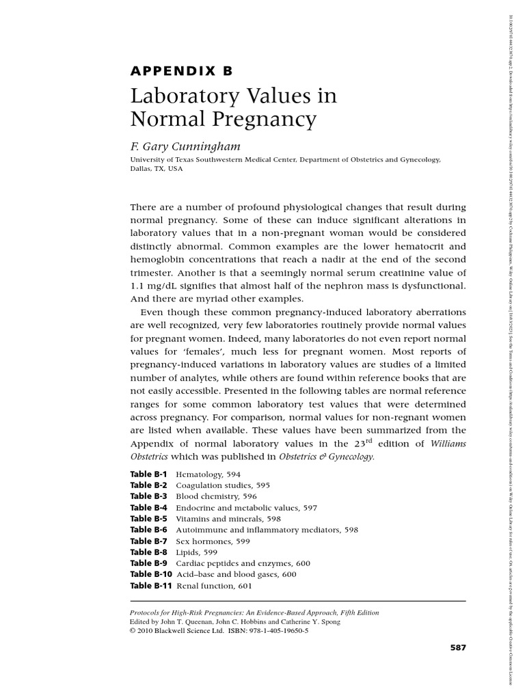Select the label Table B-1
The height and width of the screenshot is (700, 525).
tap(148, 474)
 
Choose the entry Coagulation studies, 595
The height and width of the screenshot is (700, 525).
tap(223, 485)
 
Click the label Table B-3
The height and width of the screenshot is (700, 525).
tap(148, 496)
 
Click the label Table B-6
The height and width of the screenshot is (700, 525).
tap(148, 530)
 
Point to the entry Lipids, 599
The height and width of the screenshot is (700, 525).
tap(197, 552)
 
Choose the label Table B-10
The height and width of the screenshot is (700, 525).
tap(150, 575)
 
